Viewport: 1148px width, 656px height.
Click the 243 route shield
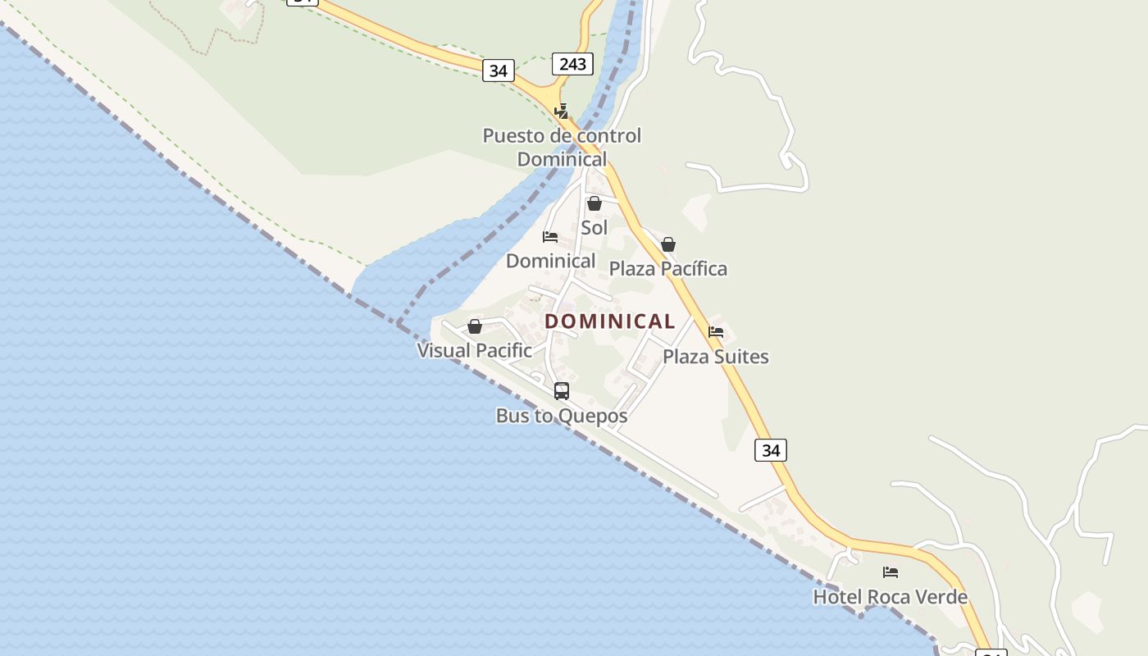pos(572,63)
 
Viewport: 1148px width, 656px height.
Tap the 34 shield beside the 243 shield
pos(498,71)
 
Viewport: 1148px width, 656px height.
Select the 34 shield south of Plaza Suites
pos(771,449)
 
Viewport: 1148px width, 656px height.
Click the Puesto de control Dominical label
pos(562,147)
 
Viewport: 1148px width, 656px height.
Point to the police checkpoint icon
pos(562,111)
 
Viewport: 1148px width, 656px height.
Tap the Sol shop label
pos(594,227)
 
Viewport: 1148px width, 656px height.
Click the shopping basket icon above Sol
pos(594,203)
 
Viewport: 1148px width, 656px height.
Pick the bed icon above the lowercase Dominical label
pos(550,237)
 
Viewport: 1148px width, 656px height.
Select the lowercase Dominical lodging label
pos(550,261)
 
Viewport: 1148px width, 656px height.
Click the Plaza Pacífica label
pos(667,268)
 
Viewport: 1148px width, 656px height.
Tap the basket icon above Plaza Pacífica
pos(668,244)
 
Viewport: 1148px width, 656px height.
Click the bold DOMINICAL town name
pos(610,321)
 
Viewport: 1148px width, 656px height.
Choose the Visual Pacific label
pos(475,350)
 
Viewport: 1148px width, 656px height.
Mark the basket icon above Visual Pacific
pos(475,326)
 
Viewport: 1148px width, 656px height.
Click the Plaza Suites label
pos(716,356)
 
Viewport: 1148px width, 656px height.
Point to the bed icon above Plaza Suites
pos(716,332)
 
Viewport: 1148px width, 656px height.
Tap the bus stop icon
pos(562,391)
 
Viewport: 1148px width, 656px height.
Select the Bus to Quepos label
pos(562,416)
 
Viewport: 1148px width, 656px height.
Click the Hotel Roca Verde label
pos(890,596)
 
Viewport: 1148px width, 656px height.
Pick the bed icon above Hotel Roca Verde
pos(891,572)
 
